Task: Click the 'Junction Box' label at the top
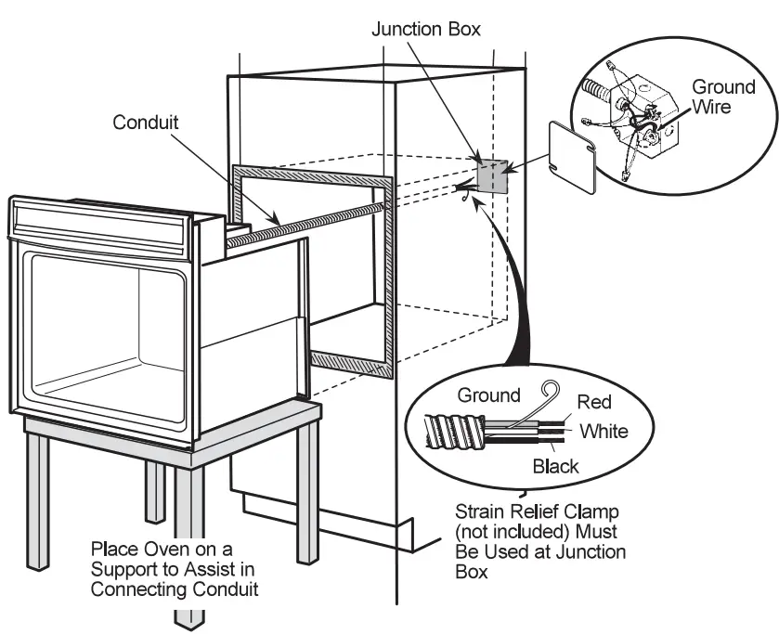pyautogui.click(x=426, y=29)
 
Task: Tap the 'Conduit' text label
pyautogui.click(x=146, y=122)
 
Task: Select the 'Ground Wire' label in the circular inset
pyautogui.click(x=723, y=97)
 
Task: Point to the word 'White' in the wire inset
pyautogui.click(x=604, y=431)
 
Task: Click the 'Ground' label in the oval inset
pyautogui.click(x=488, y=395)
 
